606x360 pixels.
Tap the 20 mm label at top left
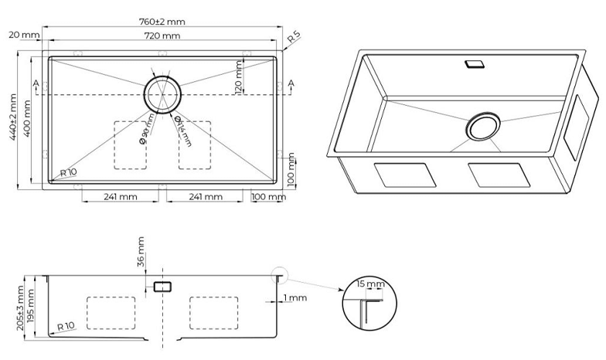[x=23, y=36]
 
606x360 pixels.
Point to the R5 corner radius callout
[x=294, y=37]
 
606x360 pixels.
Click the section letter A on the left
[x=36, y=83]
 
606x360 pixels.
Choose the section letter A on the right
[x=291, y=83]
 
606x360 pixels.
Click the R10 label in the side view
[x=65, y=328]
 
